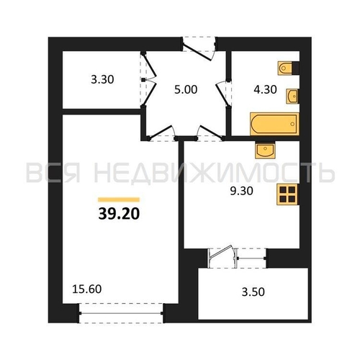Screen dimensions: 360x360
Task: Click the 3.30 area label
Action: [102, 79]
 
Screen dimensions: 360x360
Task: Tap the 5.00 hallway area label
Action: [186, 89]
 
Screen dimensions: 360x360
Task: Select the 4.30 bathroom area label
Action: [265, 89]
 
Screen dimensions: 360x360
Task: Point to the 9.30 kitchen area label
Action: [241, 191]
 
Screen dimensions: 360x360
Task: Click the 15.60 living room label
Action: [87, 289]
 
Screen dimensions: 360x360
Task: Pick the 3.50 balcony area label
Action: [253, 292]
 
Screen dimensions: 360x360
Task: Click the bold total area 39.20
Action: [119, 214]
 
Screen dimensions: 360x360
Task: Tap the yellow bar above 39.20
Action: [119, 199]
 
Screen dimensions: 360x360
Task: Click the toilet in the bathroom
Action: [286, 68]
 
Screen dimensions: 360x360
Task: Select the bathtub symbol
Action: [274, 124]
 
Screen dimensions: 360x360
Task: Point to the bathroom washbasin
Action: [292, 96]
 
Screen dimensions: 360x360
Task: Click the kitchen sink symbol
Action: [265, 150]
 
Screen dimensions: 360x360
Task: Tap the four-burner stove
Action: [288, 194]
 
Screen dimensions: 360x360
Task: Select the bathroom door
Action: [222, 94]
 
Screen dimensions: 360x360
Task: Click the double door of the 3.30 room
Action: [150, 79]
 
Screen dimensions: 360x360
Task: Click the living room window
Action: [121, 313]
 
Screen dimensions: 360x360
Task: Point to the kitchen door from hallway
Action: [210, 133]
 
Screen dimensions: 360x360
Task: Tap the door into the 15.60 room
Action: [162, 133]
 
